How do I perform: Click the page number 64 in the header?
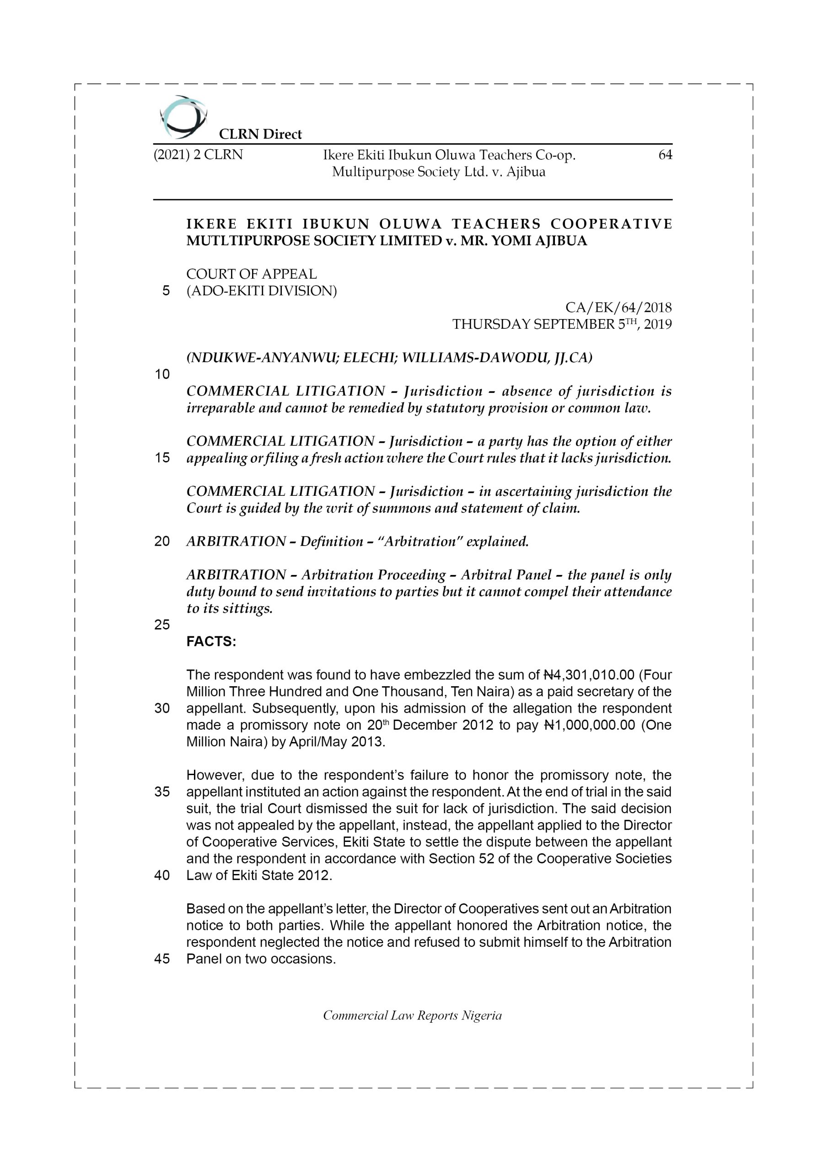[x=665, y=155]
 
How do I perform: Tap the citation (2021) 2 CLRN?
[x=198, y=155]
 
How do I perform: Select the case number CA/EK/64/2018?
[x=618, y=307]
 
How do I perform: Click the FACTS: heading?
[x=211, y=642]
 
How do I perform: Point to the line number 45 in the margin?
[x=162, y=959]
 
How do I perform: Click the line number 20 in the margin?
[x=162, y=541]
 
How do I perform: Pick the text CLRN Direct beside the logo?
[x=260, y=134]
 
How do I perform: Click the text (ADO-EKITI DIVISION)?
[x=262, y=291]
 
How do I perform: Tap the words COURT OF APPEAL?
[x=252, y=274]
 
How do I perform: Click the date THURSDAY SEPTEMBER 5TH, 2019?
[x=562, y=324]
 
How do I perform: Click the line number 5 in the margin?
[x=166, y=291]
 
